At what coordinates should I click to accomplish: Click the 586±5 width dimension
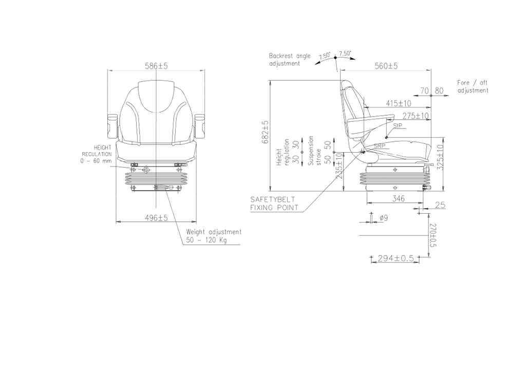(x=156, y=66)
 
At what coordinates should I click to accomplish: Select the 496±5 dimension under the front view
(x=156, y=218)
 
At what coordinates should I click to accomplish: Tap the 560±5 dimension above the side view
(x=386, y=66)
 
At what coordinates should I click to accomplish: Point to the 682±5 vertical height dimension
(x=266, y=132)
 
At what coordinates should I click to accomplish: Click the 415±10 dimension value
(x=398, y=103)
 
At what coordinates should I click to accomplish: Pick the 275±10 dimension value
(x=415, y=116)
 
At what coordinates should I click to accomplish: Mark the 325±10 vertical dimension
(x=440, y=157)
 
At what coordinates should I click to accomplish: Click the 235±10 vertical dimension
(x=339, y=166)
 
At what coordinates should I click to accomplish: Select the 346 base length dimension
(x=398, y=198)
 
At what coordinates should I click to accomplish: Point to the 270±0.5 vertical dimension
(x=433, y=235)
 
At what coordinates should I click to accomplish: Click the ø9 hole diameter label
(x=384, y=218)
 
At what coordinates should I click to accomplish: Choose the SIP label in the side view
(x=398, y=126)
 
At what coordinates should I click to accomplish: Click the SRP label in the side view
(x=380, y=146)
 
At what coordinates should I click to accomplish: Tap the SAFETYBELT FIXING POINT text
(x=274, y=203)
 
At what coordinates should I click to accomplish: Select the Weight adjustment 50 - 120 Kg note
(x=214, y=236)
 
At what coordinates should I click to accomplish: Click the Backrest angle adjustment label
(x=290, y=60)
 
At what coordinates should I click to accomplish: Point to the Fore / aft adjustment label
(x=473, y=86)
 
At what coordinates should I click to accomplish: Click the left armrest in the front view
(x=112, y=126)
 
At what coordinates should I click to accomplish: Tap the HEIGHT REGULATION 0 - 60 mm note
(x=96, y=154)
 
